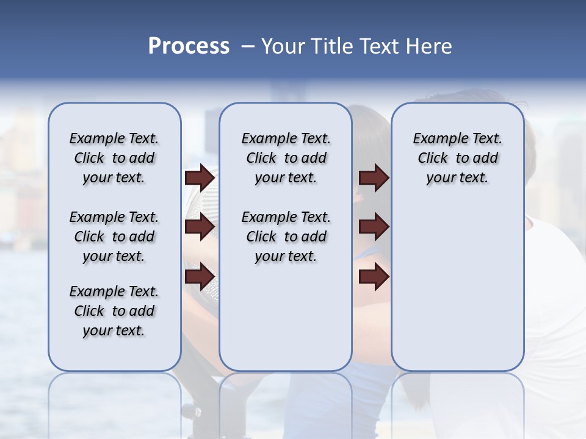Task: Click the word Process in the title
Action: pos(189,46)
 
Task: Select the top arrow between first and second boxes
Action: pos(200,177)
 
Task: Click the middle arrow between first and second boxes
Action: pos(200,227)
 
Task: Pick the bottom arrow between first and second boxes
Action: pos(200,277)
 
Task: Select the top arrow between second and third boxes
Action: pos(374,177)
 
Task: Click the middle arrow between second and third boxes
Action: pos(374,227)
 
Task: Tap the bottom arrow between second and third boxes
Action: pos(374,277)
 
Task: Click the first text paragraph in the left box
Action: pos(114,158)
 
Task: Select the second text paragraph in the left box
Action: pos(114,237)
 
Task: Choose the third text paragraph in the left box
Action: pos(114,311)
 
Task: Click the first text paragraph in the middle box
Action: pos(286,158)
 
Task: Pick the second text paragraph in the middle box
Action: pos(286,237)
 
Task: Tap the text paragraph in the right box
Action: pos(457,158)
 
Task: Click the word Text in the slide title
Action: pos(377,46)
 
